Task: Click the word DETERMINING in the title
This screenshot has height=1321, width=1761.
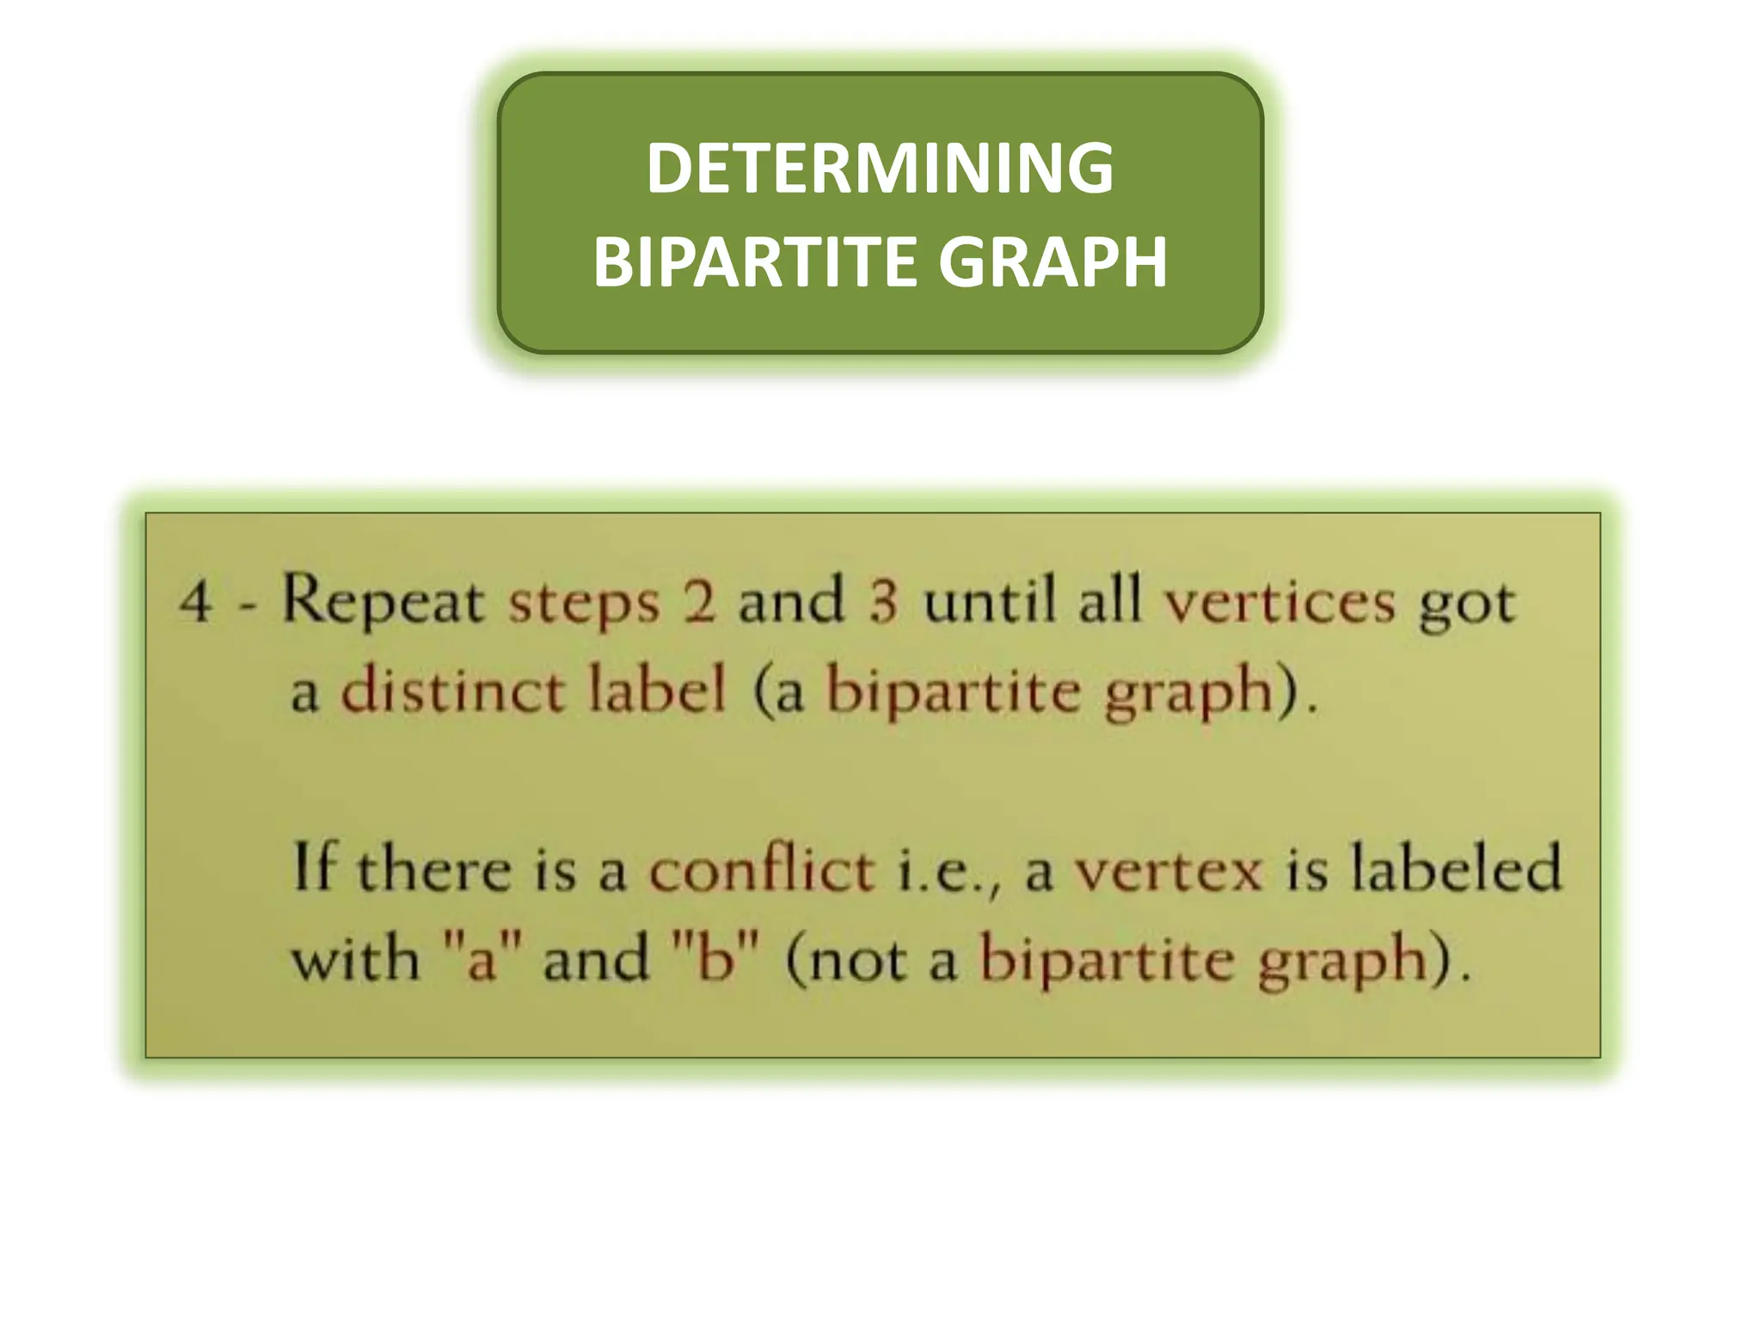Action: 880,169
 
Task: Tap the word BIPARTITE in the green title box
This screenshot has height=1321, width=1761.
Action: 752,261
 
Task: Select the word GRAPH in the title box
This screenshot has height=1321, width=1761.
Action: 1052,261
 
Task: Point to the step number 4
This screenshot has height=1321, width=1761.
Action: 196,601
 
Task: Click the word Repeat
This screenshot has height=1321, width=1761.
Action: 383,601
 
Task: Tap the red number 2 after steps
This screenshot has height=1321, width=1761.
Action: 699,601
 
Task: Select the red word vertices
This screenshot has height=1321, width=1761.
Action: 1279,601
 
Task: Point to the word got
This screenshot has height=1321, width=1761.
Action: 1467,605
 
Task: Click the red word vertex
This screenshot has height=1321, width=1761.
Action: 1169,870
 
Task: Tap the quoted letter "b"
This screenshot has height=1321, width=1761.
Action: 715,957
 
